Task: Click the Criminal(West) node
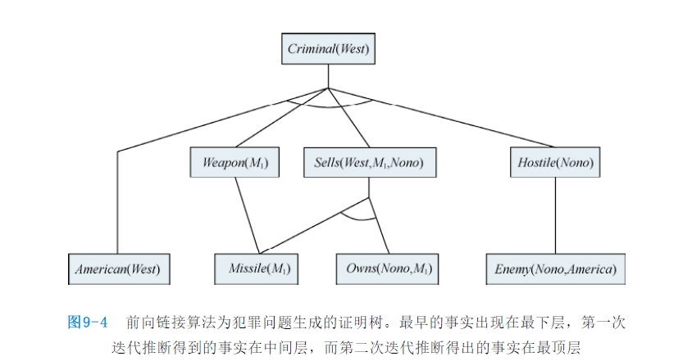(x=328, y=49)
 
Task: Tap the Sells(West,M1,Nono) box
(x=369, y=163)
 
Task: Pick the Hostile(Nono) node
(x=555, y=163)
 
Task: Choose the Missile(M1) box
(x=257, y=268)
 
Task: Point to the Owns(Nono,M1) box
(x=386, y=268)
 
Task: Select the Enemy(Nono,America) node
(x=555, y=268)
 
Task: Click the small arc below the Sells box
(x=358, y=219)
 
